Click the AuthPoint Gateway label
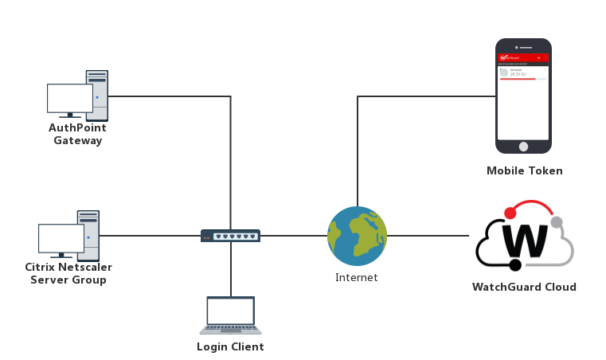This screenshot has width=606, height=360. click(x=78, y=134)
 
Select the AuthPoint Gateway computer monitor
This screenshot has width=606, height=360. click(x=69, y=98)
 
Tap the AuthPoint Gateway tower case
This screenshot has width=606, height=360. click(x=97, y=94)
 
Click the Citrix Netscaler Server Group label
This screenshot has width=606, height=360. click(x=68, y=274)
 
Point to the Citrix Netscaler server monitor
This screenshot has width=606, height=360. click(x=61, y=237)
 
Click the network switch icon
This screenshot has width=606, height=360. click(x=230, y=236)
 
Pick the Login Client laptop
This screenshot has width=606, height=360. click(x=230, y=315)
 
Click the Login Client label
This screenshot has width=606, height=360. click(x=230, y=347)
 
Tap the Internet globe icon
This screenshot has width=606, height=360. click(x=357, y=236)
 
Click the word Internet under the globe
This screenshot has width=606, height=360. click(x=356, y=278)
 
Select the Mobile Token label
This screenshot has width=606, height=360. click(x=524, y=170)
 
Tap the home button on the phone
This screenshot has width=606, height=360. click(x=523, y=147)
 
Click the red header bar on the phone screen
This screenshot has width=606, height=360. click(x=523, y=58)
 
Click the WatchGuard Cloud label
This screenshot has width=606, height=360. click(x=524, y=288)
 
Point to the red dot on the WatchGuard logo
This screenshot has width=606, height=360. click(x=510, y=213)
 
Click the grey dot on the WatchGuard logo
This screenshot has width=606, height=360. click(x=556, y=222)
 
